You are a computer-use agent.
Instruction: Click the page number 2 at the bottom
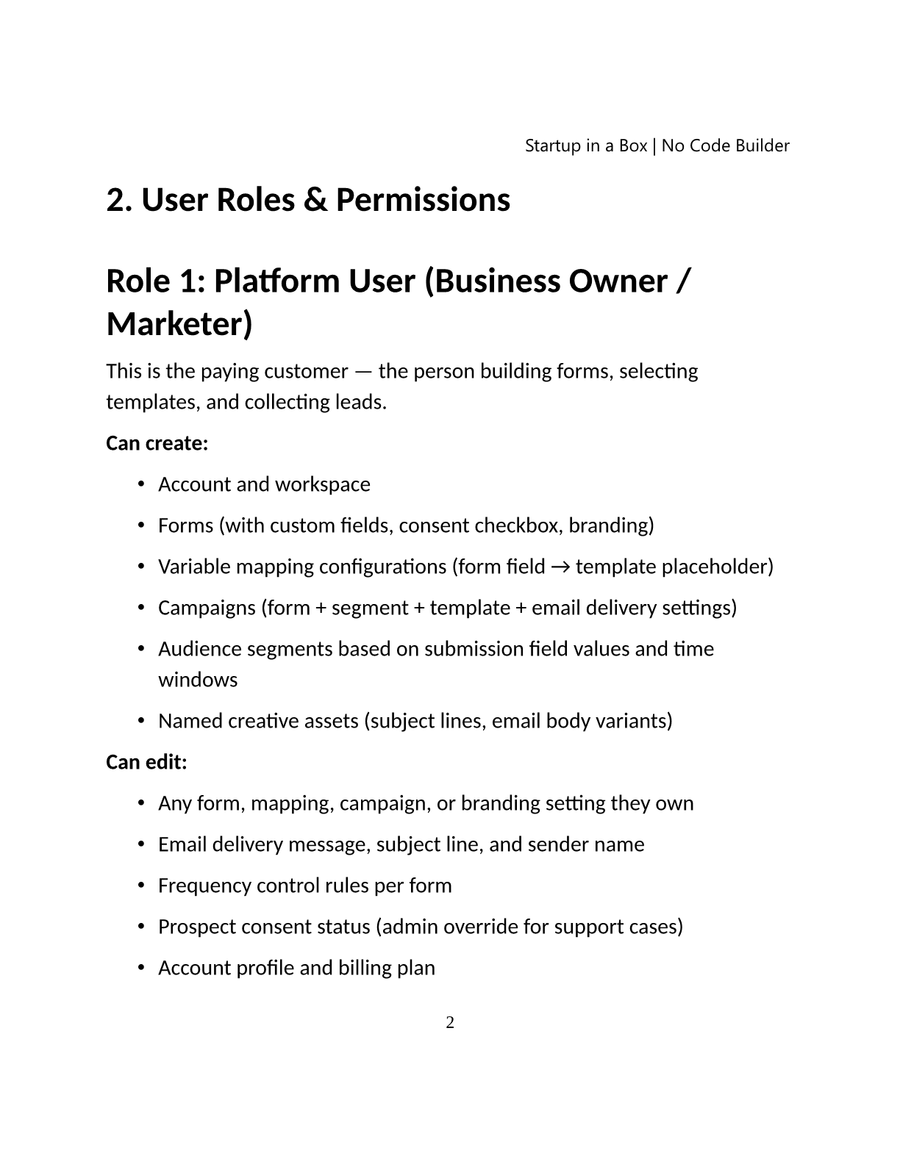tap(450, 1022)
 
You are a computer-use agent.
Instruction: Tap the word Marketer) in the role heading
tap(179, 324)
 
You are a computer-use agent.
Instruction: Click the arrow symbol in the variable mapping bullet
tap(560, 567)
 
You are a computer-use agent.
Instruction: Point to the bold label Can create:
tap(157, 443)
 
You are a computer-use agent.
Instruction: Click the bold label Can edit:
tap(146, 762)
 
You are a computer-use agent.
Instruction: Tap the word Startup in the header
tap(552, 145)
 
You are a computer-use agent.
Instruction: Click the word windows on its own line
tap(198, 679)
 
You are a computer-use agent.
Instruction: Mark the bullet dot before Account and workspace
tap(140, 484)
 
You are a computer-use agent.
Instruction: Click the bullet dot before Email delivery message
tap(140, 844)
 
